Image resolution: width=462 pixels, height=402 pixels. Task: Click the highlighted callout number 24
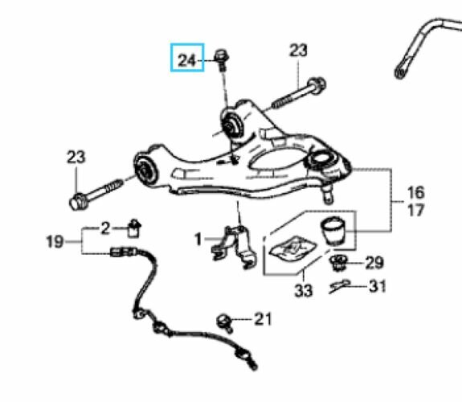186,60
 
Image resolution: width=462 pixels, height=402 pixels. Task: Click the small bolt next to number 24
222,59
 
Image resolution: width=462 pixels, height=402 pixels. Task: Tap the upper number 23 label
298,51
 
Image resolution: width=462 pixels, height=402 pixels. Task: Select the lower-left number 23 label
76,157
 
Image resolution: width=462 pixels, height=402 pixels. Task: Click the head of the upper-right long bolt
317,85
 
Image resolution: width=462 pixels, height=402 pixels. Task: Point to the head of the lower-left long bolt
78,202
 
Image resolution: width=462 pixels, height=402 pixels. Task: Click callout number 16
415,192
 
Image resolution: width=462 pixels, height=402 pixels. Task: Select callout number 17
415,210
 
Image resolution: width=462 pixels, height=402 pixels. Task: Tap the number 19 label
55,242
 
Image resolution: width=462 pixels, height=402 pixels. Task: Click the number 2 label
105,228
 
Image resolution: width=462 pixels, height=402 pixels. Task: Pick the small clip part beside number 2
134,228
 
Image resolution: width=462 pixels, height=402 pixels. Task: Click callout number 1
198,239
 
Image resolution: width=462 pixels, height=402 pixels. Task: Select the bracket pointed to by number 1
235,247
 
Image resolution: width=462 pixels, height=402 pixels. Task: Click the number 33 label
304,290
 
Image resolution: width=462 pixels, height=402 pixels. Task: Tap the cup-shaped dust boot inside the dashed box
333,231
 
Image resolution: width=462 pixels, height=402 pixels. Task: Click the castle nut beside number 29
338,262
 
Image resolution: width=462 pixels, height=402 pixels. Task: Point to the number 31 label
378,286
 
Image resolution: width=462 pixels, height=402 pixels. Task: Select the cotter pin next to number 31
339,285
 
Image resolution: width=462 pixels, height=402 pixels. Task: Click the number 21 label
263,319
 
